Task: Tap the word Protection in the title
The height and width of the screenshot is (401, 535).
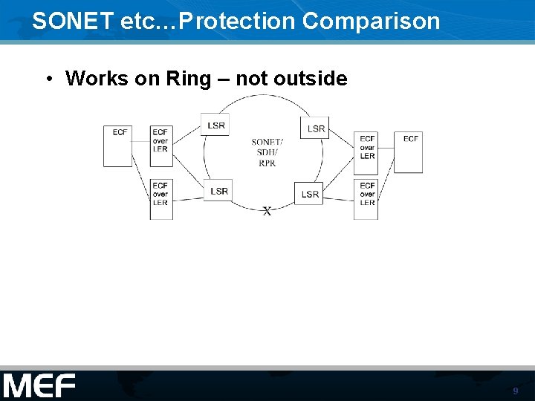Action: [237, 21]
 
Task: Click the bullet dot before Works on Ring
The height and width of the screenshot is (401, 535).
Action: [47, 79]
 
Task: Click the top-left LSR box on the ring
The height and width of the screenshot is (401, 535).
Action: [215, 124]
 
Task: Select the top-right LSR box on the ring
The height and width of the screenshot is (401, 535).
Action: [315, 128]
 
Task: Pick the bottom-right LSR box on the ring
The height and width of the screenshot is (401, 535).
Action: [309, 193]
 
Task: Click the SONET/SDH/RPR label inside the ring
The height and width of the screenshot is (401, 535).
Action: [267, 152]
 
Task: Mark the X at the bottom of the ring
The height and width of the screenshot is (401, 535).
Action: [267, 212]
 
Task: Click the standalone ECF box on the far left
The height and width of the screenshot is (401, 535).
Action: [118, 145]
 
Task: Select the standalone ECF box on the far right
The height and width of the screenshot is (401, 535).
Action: [409, 152]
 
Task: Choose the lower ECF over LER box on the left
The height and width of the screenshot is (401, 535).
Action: [161, 198]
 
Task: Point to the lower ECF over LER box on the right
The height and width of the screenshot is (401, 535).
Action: [366, 198]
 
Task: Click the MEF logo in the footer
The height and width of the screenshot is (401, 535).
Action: [39, 386]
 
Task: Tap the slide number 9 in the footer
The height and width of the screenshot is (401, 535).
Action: [515, 391]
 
